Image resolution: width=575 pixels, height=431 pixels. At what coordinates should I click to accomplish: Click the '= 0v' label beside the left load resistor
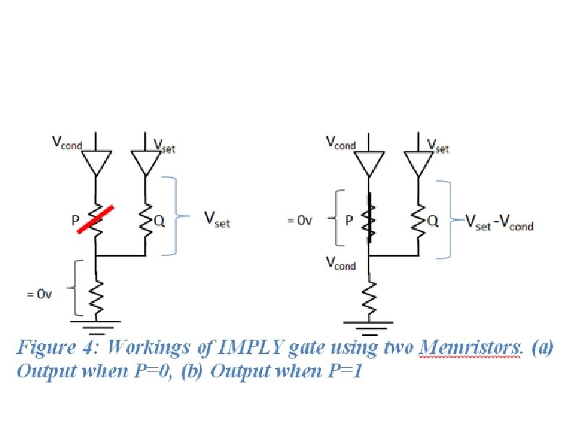[41, 295]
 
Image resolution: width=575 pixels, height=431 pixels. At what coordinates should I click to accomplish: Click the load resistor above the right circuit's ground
[369, 294]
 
